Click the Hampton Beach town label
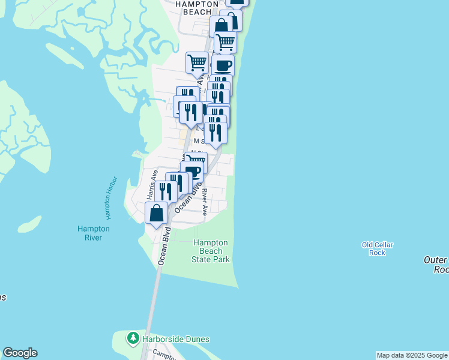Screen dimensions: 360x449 pos(196,7)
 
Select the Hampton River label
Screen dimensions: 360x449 pos(94,233)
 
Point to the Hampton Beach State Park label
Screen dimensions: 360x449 pos(211,251)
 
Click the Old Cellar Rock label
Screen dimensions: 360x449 pos(377,248)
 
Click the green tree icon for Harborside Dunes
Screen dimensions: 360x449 pos(133,338)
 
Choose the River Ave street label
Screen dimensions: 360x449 pos(205,203)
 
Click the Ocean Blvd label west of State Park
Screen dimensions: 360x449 pos(163,246)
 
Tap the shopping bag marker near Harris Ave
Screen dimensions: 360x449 pos(156,214)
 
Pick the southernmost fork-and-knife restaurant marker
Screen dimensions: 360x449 pos(166,191)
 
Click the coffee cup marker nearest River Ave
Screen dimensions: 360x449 pos(193,172)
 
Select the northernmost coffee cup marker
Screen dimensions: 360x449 pos(223,65)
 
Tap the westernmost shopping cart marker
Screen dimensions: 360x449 pos(197,62)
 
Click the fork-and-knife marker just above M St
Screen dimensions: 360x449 pos(215,132)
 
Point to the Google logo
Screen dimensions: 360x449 pos(20,353)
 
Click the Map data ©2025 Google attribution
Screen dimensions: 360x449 pos(412,355)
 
